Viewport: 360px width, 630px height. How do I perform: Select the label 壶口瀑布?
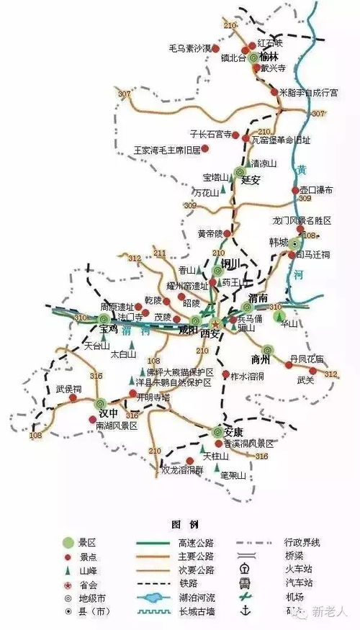click(x=318, y=189)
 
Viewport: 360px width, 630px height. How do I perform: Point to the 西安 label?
click(x=211, y=334)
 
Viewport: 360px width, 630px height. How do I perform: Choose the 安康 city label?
click(x=233, y=433)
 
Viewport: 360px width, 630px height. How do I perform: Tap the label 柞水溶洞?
click(x=248, y=375)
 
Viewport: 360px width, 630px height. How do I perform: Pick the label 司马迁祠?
click(x=313, y=254)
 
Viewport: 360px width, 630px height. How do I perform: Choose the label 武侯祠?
click(x=68, y=389)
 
